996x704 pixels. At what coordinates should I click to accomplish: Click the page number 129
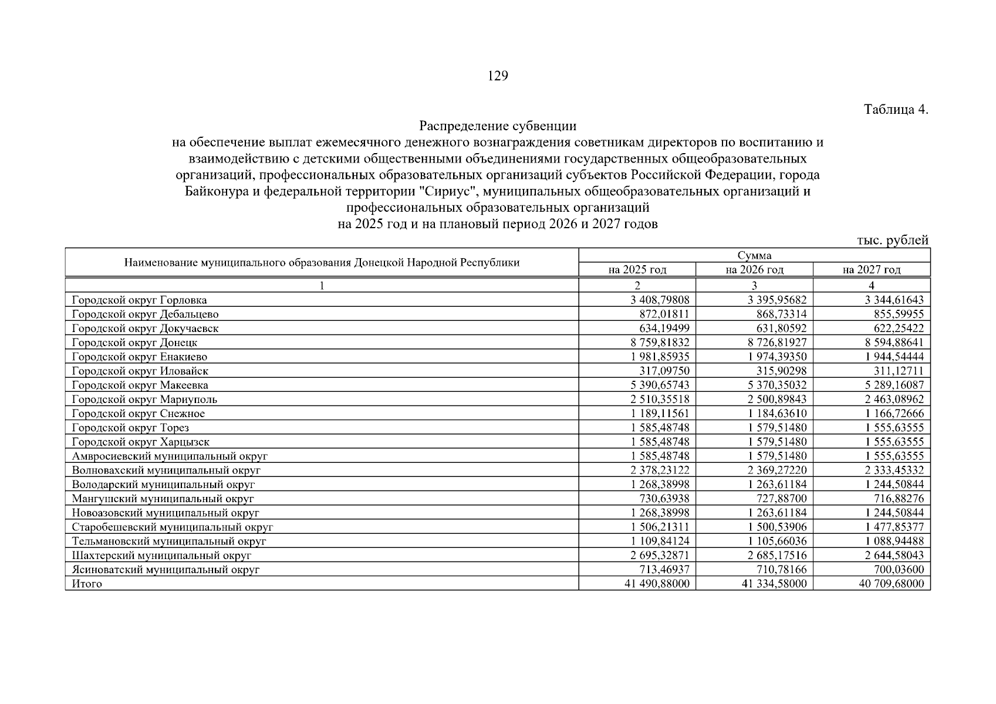498,76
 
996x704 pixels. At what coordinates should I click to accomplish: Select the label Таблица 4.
896,110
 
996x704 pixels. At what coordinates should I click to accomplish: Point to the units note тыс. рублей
893,240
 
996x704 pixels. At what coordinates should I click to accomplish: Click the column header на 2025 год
637,270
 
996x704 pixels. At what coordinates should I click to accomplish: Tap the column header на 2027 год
871,270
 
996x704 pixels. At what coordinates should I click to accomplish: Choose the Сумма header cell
754,256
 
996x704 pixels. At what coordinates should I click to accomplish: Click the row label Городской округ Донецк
134,343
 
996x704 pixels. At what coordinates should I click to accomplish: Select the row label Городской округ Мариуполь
144,400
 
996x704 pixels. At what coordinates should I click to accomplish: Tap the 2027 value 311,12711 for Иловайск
899,371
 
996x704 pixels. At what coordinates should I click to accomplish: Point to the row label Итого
87,584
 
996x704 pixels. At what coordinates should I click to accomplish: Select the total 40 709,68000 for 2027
891,584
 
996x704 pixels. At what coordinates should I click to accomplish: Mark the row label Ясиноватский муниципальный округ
166,570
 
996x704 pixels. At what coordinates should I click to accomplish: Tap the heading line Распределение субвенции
498,126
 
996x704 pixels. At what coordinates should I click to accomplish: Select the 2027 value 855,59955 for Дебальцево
899,314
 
